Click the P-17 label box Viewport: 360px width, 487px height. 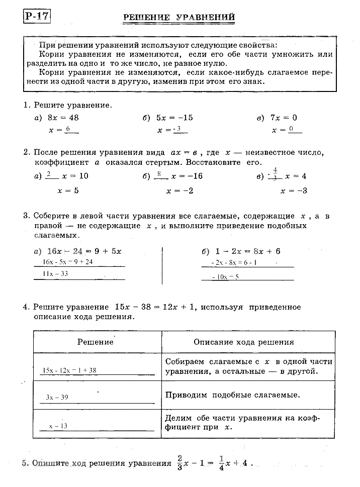[37, 16]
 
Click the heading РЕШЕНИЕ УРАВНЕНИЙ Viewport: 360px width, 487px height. [179, 18]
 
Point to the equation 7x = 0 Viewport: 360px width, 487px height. [284, 118]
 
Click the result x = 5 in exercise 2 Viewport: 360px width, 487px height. [68, 190]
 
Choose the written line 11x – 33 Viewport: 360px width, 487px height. [55, 274]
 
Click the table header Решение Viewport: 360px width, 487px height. [96, 342]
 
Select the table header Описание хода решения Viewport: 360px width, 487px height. [243, 342]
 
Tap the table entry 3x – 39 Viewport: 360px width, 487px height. [57, 397]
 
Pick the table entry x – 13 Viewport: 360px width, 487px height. [58, 426]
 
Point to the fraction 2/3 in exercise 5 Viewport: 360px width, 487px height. [180, 462]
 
